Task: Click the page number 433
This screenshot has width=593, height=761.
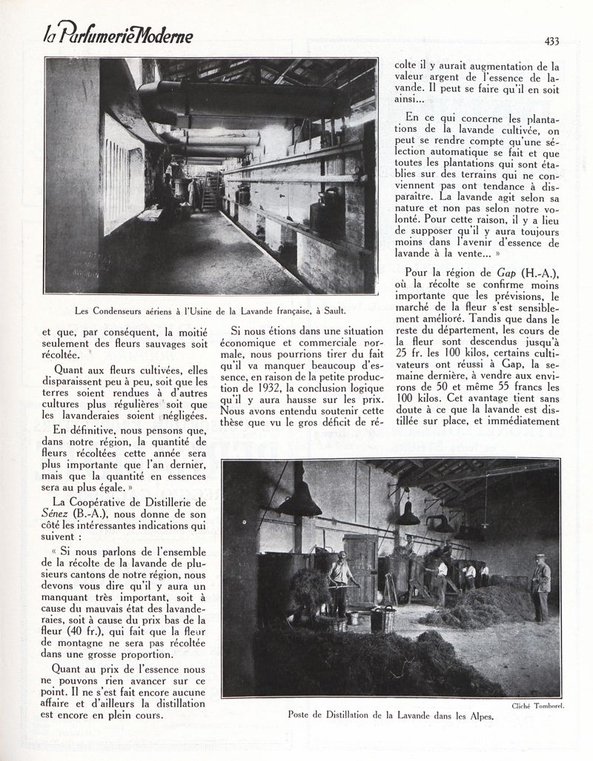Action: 550,42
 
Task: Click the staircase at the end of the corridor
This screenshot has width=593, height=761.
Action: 210,193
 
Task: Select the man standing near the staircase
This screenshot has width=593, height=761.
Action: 191,194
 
